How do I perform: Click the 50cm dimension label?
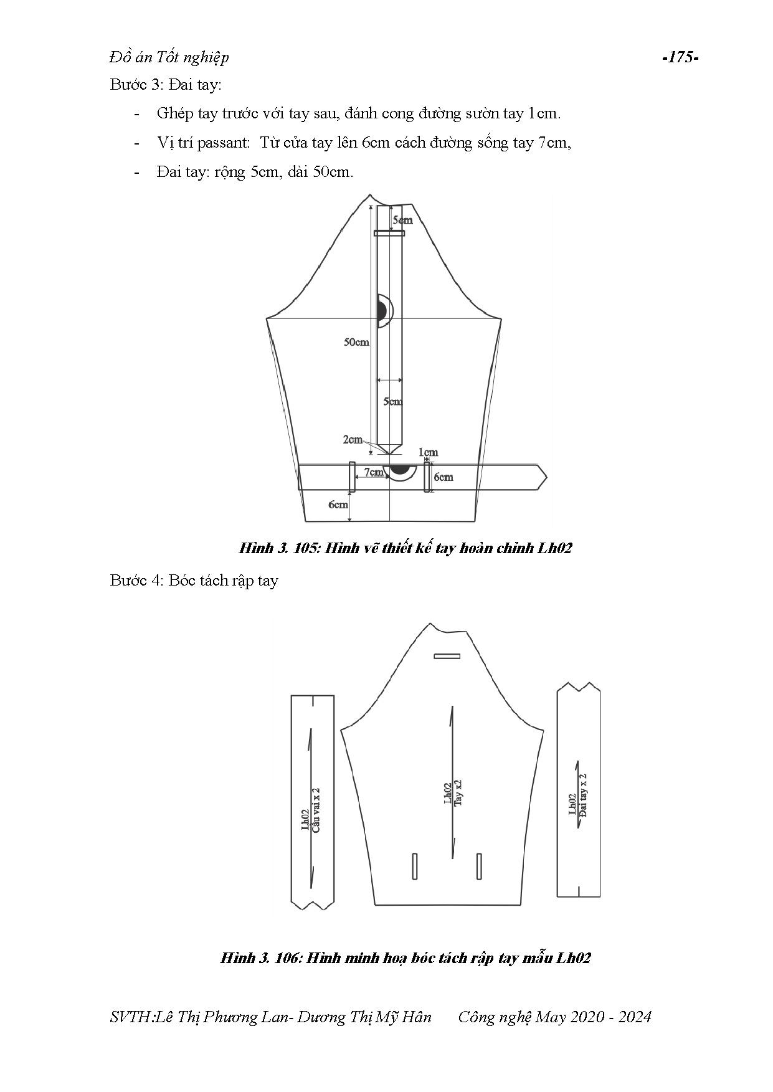pos(356,342)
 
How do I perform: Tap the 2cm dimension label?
pos(352,440)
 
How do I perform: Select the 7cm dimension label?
pos(373,472)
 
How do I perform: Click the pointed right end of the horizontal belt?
pos(542,478)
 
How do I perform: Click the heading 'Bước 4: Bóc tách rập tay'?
pos(194,581)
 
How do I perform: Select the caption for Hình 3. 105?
pos(405,549)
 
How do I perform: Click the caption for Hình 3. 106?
pos(405,958)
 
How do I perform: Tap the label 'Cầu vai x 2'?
pos(316,809)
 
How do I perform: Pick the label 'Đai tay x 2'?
pos(583,795)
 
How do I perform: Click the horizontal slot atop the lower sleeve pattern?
pos(447,656)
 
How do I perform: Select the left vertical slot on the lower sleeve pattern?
pos(415,866)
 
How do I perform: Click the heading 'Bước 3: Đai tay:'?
pos(165,85)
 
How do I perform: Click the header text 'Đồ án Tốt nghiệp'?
pos(169,57)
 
